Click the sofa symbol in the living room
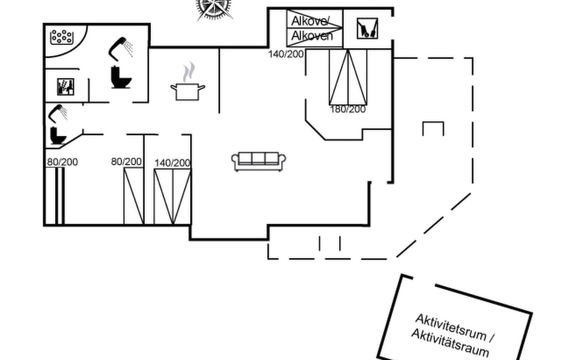click(258, 161)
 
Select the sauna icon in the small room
click(66, 87)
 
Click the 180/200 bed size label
click(348, 109)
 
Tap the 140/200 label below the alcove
click(286, 54)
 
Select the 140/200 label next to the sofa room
click(172, 163)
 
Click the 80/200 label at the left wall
click(62, 162)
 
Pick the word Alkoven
click(312, 36)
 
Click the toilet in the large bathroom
click(121, 77)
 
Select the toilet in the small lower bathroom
click(58, 136)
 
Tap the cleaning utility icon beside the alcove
click(367, 28)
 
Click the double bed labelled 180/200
click(348, 77)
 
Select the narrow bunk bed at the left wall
click(60, 196)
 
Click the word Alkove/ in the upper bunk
click(310, 21)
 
